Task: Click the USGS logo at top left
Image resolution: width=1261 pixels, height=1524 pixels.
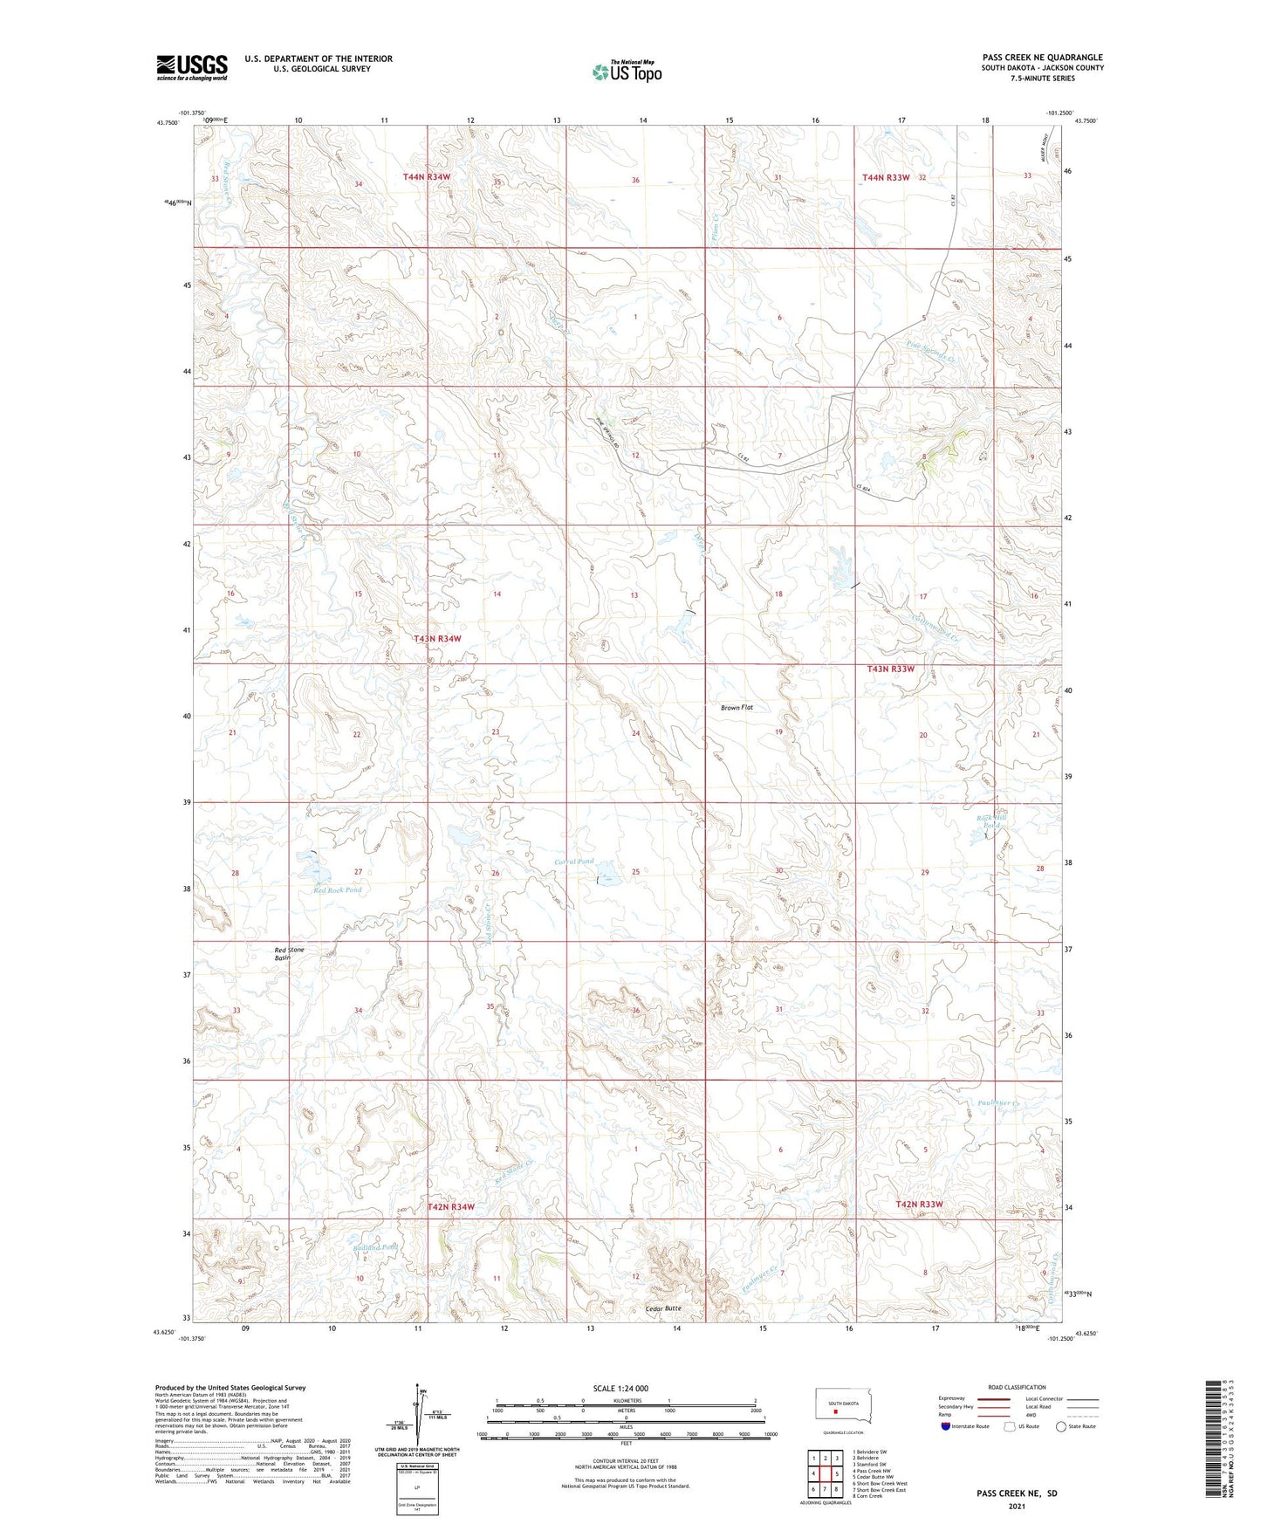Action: (x=191, y=67)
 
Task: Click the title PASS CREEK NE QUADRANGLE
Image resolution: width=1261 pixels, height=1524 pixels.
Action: (x=1042, y=58)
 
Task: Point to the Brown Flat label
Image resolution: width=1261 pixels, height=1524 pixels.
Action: (x=737, y=707)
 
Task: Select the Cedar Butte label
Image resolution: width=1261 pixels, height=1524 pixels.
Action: (x=663, y=1308)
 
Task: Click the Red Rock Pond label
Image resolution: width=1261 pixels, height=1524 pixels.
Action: (x=337, y=890)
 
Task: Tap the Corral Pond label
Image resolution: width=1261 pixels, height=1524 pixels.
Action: (x=574, y=862)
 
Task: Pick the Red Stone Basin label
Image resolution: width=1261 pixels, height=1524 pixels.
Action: (x=289, y=953)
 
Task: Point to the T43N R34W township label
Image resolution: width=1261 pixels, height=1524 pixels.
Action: (x=437, y=639)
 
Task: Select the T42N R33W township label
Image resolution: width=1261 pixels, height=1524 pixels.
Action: (x=919, y=1205)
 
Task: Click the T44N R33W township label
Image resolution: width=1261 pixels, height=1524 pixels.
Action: (x=886, y=177)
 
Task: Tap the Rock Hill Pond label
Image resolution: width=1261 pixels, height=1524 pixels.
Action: (x=993, y=820)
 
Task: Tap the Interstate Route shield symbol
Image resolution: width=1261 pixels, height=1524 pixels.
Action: (x=946, y=1426)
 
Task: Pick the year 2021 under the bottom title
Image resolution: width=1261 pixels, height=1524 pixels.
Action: (x=1016, y=1506)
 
